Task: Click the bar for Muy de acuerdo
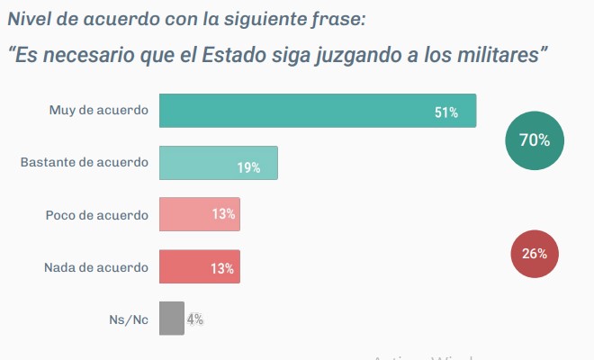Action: click(317, 111)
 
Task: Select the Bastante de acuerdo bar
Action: click(218, 163)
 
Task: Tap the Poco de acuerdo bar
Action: click(199, 215)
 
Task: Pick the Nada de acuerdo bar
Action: click(199, 267)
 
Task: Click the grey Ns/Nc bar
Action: click(171, 319)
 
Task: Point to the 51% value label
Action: click(446, 112)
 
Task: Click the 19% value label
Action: click(248, 167)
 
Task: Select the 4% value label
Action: click(195, 319)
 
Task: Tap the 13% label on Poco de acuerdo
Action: click(223, 214)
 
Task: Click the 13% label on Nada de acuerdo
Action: click(223, 268)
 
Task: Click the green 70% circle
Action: click(535, 139)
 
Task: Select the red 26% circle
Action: click(535, 254)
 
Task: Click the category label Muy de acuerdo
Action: click(99, 111)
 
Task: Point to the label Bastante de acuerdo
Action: click(85, 163)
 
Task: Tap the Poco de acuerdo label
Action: click(96, 215)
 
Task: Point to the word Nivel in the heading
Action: click(29, 17)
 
